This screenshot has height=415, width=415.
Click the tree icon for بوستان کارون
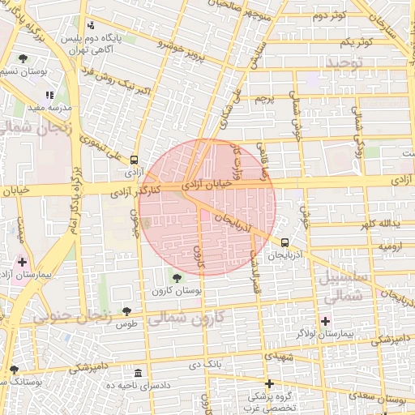178,279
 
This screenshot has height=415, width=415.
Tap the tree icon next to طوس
126,311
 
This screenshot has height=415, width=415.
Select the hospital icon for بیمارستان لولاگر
325,322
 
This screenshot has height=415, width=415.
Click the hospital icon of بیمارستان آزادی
22,263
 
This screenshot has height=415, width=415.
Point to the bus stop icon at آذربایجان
285,242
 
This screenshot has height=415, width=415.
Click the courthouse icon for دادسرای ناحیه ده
138,374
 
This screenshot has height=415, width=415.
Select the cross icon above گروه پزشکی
269,383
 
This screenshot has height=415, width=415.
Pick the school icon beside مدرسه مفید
49,96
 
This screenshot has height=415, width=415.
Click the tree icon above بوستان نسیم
23,58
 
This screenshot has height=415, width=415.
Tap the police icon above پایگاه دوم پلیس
91,25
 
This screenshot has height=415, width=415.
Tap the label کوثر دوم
329,15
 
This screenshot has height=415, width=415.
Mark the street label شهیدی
277,355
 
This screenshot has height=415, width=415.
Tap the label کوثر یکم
356,41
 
